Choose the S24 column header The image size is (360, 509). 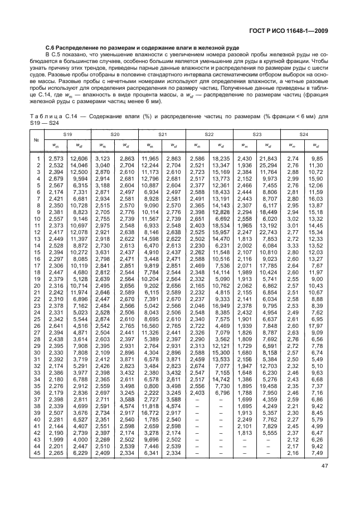[x=304, y=134]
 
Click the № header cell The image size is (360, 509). [x=36, y=140]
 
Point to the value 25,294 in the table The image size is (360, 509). [x=268, y=166]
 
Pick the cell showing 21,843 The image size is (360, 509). [x=268, y=159]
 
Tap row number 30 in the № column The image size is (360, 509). [x=38, y=353]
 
